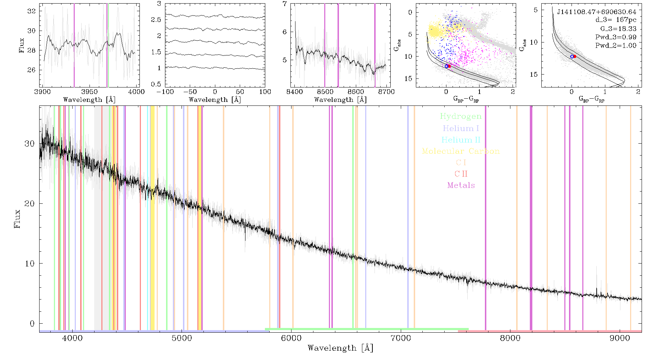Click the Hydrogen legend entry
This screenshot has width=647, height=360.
pyautogui.click(x=460, y=117)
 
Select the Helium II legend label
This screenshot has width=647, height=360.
pyautogui.click(x=461, y=140)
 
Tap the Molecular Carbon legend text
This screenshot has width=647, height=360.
pyautogui.click(x=461, y=151)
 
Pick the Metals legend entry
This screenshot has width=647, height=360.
pyautogui.click(x=461, y=185)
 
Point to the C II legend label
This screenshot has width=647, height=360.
pyautogui.click(x=461, y=174)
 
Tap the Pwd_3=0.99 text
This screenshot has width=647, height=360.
pyautogui.click(x=616, y=37)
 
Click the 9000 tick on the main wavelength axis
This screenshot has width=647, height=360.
pyautogui.click(x=620, y=338)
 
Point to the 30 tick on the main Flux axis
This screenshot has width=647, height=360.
pyautogui.click(x=29, y=143)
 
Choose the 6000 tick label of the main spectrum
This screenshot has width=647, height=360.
pyautogui.click(x=291, y=338)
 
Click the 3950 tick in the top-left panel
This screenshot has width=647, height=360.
pyautogui.click(x=90, y=92)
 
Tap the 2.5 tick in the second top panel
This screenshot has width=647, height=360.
pyautogui.click(x=156, y=19)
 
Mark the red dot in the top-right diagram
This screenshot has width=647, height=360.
pyautogui.click(x=575, y=56)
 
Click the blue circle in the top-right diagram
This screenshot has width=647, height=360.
pyautogui.click(x=572, y=57)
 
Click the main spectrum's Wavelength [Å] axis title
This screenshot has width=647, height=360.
pyautogui.click(x=340, y=348)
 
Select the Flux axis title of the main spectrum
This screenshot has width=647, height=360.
pyautogui.click(x=17, y=219)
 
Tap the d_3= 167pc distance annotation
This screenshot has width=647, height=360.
pyautogui.click(x=616, y=20)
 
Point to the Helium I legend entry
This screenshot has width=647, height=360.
pyautogui.click(x=461, y=128)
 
